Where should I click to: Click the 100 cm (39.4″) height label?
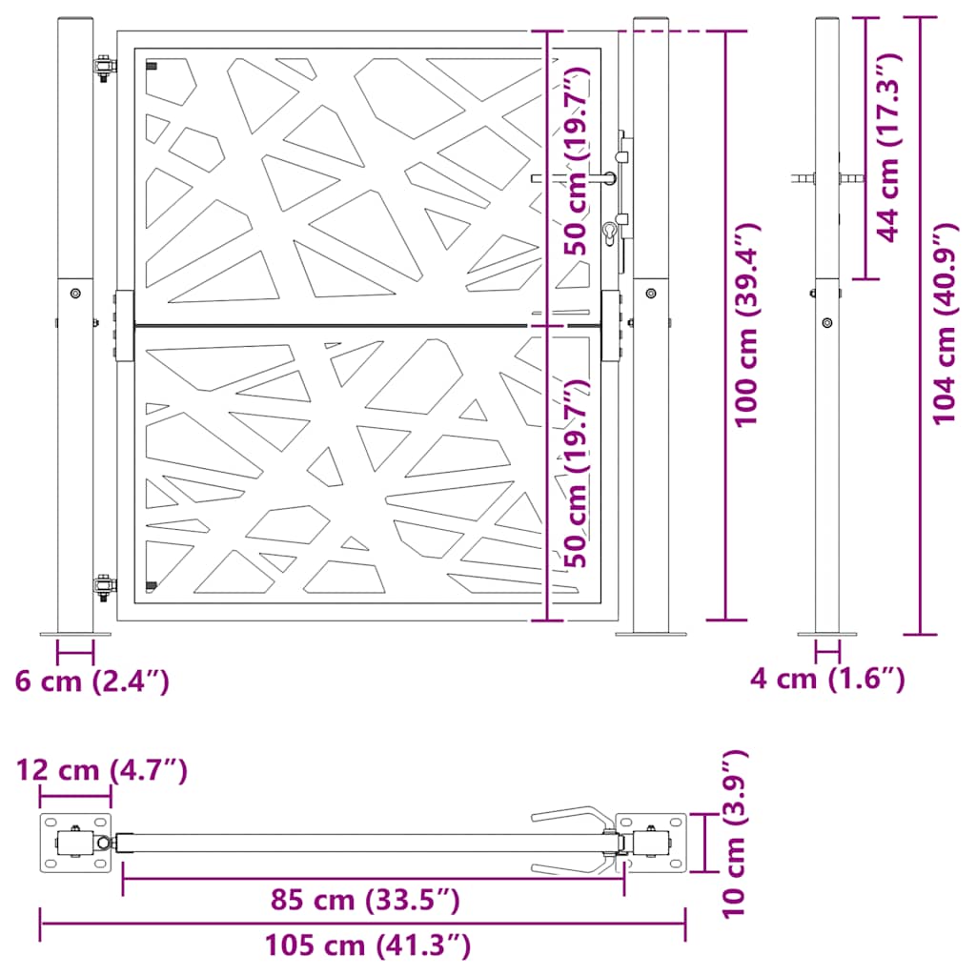click(748, 325)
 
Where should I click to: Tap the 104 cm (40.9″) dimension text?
click(945, 324)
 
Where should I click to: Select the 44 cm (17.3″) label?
click(889, 148)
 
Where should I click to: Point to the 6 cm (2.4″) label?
click(92, 681)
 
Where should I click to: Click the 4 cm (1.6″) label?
click(827, 679)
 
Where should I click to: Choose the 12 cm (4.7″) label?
click(101, 770)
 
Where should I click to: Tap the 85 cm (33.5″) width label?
click(365, 900)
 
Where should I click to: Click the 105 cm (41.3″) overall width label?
click(368, 945)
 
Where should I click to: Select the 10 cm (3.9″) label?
click(735, 834)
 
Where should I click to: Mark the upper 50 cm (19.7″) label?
click(577, 161)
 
